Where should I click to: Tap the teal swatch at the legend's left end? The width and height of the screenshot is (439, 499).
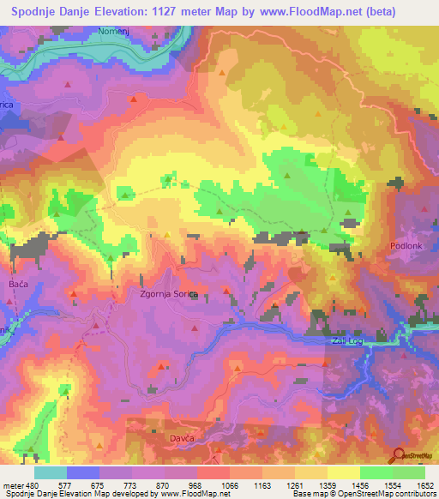coord(50,472)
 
